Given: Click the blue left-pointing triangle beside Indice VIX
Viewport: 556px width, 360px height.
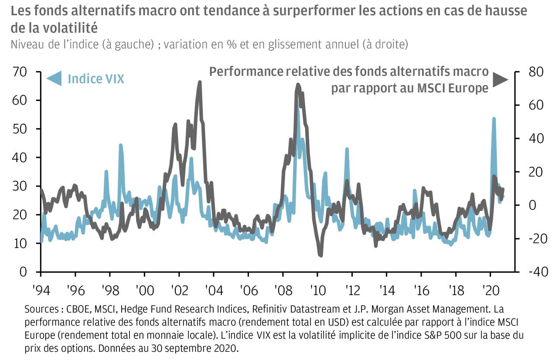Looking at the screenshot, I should pyautogui.click(x=54, y=79).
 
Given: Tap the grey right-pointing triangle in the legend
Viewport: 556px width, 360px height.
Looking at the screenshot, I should pyautogui.click(x=500, y=79).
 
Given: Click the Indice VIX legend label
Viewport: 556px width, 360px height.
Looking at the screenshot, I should pyautogui.click(x=96, y=79).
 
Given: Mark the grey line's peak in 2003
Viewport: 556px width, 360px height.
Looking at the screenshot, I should pyautogui.click(x=200, y=82).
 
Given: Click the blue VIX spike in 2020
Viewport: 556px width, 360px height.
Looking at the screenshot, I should pyautogui.click(x=494, y=119).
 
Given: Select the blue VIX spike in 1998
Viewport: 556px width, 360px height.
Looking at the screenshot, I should pyautogui.click(x=120, y=145).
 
